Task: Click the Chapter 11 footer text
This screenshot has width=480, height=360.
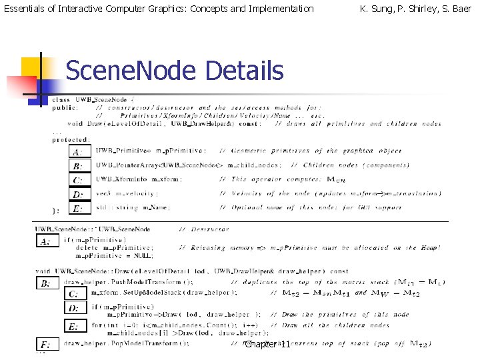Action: point(267,345)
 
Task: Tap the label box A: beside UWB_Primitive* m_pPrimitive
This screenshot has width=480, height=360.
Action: point(78,151)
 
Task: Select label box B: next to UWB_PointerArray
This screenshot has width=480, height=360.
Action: point(78,165)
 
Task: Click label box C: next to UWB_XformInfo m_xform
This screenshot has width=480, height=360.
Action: point(78,179)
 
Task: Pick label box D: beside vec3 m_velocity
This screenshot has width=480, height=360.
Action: point(78,194)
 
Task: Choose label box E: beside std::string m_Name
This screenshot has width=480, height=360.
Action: point(78,208)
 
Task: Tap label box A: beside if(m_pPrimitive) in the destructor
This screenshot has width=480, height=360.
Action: point(46,241)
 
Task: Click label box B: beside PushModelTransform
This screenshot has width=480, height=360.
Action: point(46,283)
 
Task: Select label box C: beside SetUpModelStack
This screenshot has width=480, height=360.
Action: point(73,293)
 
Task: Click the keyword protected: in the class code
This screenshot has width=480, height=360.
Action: point(71,139)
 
